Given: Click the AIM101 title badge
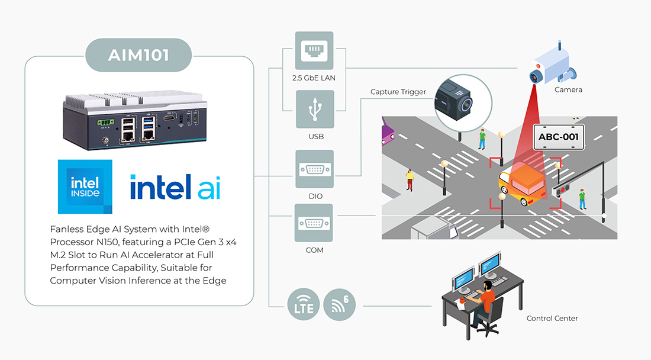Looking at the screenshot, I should click(x=139, y=55).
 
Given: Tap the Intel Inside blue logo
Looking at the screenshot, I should click(x=85, y=187).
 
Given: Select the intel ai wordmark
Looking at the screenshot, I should click(x=175, y=187).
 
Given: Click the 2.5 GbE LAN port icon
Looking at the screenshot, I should click(x=314, y=51).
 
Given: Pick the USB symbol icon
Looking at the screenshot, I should click(x=314, y=110).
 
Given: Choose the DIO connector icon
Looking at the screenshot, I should click(x=314, y=169).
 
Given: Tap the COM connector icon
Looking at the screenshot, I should click(x=314, y=223).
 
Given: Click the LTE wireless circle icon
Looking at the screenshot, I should click(x=304, y=306).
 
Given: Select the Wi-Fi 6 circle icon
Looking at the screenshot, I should click(x=340, y=306).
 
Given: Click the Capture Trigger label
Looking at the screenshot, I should click(x=398, y=92).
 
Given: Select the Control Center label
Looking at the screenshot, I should click(x=552, y=319).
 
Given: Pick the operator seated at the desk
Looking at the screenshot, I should click(x=482, y=302).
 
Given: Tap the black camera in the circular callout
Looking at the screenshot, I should click(x=455, y=101).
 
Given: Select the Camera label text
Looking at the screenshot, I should click(x=568, y=90).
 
